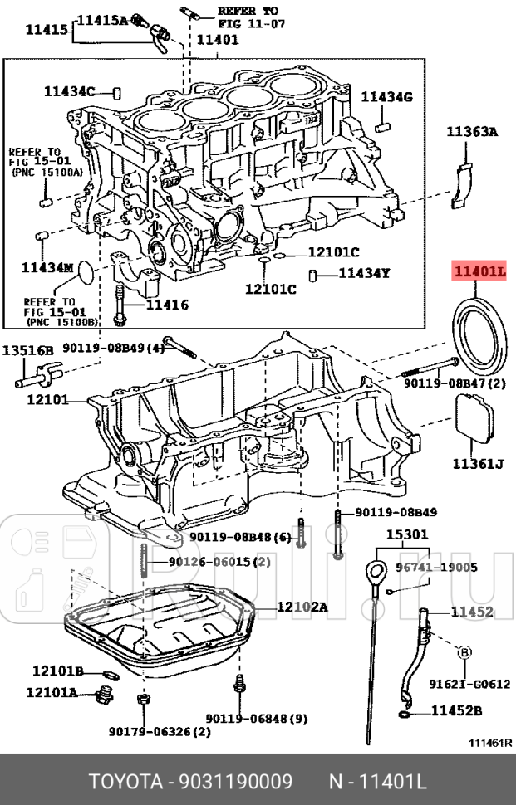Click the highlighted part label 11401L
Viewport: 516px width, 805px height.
coord(479,271)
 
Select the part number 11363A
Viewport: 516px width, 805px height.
coord(471,131)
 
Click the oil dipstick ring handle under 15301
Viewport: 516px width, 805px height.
coord(376,573)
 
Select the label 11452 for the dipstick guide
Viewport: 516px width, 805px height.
coord(472,612)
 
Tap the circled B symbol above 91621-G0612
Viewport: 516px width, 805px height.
coord(463,653)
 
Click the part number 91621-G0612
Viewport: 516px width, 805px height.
coord(469,684)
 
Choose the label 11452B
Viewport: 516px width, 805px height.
coord(456,711)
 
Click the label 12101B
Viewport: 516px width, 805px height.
coord(57,671)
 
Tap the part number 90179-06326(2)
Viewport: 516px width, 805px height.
coord(159,731)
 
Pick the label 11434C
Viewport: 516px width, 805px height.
coord(70,91)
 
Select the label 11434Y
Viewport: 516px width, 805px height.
coord(364,273)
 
